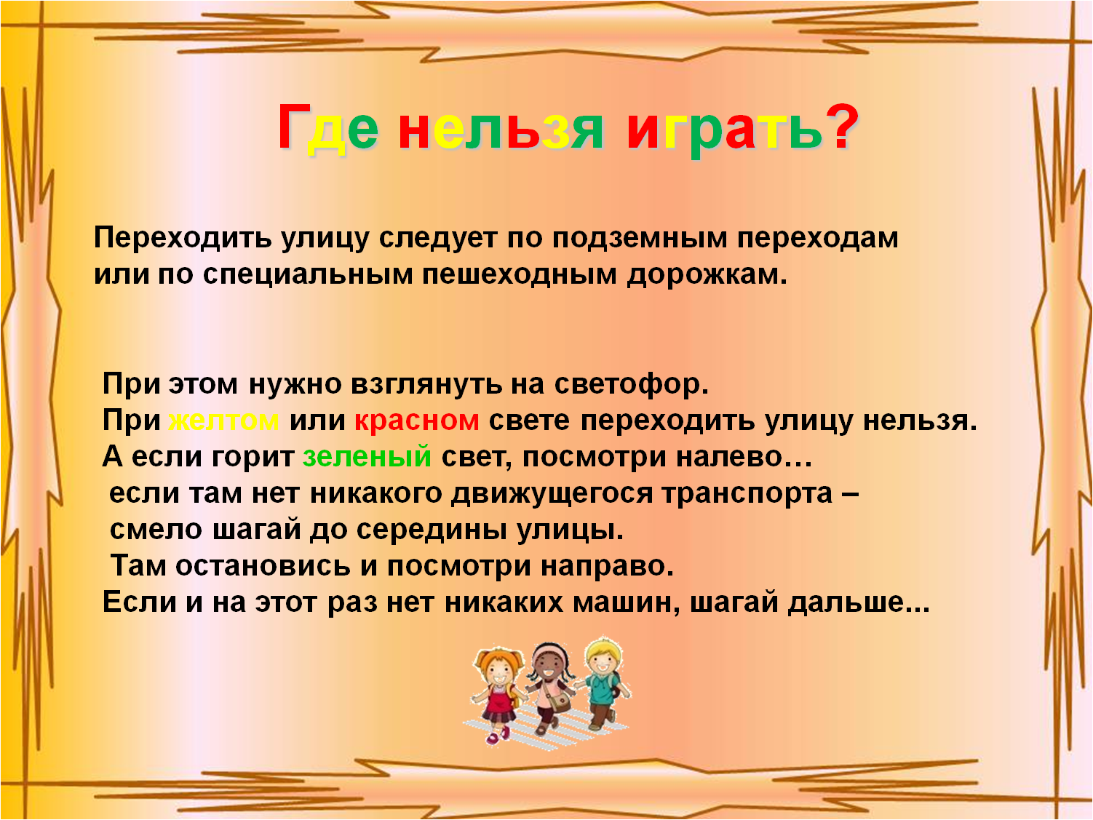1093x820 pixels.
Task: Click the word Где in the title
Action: click(327, 127)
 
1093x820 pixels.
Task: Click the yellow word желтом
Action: click(223, 421)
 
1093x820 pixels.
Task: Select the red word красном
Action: click(417, 421)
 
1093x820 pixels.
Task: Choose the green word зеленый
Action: click(367, 457)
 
